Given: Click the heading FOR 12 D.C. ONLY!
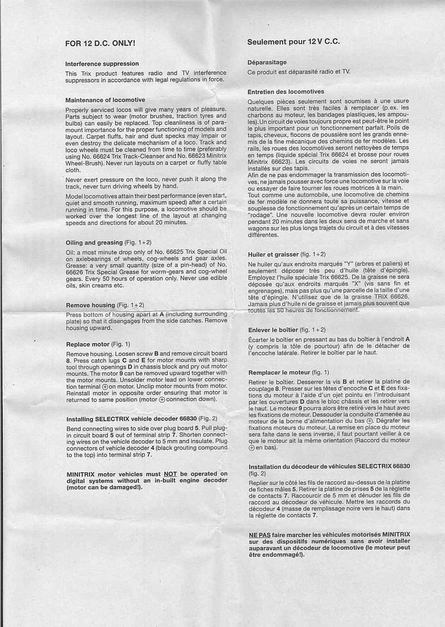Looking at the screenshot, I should [100, 42].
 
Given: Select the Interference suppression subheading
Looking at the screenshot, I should [102, 64].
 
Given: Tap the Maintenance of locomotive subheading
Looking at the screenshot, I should [105, 100].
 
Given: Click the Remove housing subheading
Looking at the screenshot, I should [91, 305].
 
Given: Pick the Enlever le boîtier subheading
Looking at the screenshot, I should [273, 330].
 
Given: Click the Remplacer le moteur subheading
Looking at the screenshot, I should [280, 372].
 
